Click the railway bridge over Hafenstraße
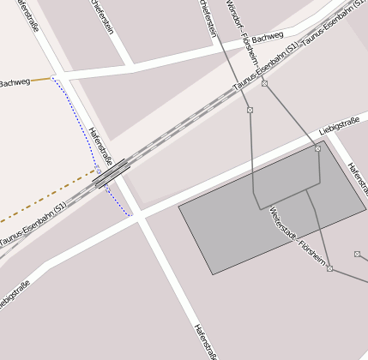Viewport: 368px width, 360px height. coord(112,173)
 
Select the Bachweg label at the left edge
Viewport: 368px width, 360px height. coord(15,82)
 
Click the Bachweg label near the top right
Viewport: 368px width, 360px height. coord(268,38)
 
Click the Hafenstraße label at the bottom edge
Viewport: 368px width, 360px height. coord(203,341)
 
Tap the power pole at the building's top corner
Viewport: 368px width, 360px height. coord(317,149)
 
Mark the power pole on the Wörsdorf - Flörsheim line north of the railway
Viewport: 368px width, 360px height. coord(265,83)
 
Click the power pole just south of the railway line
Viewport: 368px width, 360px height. coord(250,111)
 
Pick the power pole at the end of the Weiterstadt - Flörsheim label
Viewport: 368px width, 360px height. coord(329,268)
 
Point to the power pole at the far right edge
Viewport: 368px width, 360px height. coord(357,254)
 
